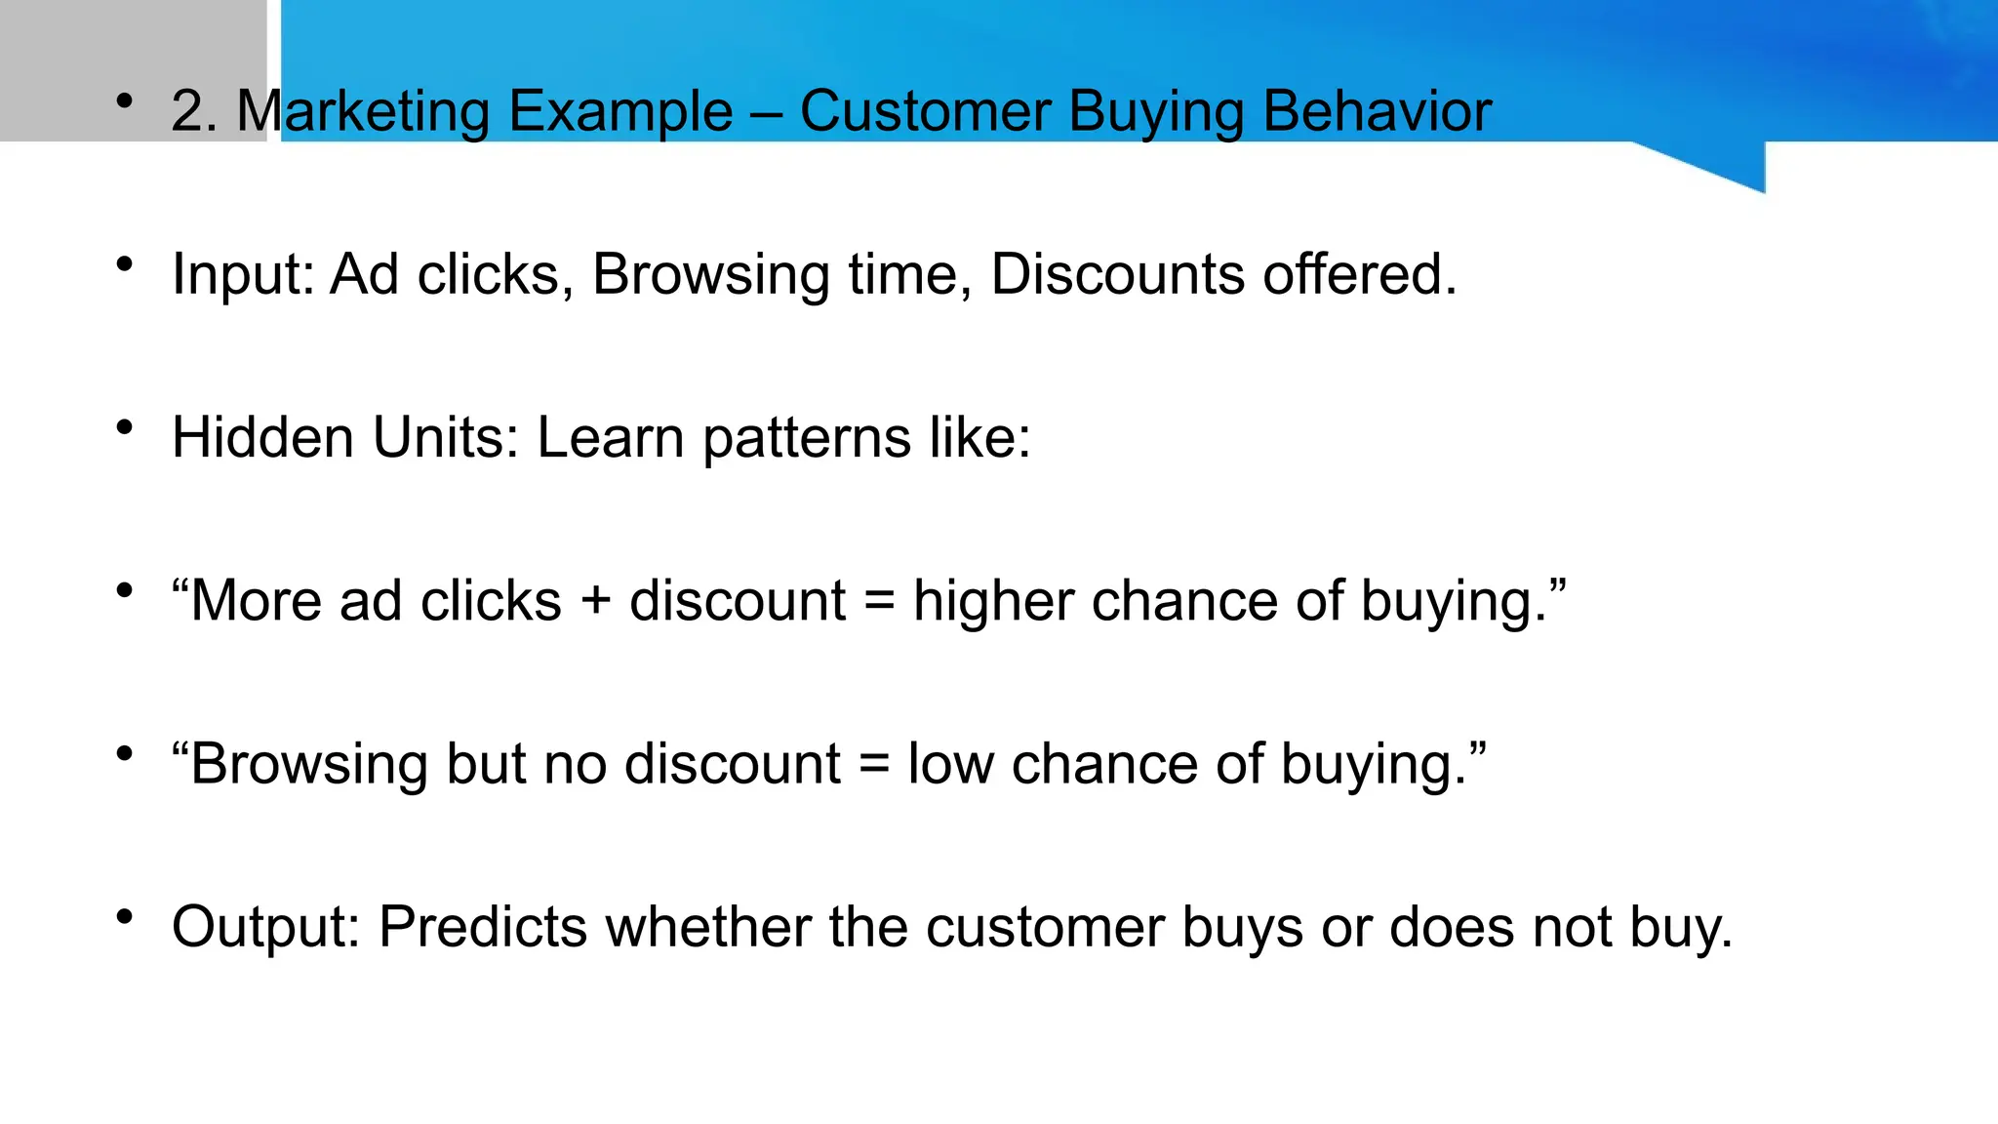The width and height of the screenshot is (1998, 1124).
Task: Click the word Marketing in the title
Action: (362, 111)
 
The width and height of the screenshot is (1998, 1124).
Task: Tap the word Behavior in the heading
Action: (1377, 111)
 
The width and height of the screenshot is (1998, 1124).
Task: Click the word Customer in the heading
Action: (924, 111)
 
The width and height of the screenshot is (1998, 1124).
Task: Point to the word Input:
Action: (243, 274)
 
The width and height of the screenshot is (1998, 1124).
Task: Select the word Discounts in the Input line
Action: (1118, 274)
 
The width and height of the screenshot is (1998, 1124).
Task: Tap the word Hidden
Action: (262, 437)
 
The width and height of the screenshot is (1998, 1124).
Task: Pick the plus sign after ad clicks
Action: (595, 601)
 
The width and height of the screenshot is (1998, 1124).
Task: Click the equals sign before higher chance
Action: (879, 601)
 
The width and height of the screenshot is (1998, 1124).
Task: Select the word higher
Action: (993, 601)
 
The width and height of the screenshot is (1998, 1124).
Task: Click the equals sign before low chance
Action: (874, 764)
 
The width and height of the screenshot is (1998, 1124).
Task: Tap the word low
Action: (950, 764)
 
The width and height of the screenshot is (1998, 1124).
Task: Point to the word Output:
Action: (266, 927)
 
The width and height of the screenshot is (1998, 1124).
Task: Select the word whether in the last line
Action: (708, 927)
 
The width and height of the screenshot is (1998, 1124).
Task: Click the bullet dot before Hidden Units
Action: (124, 427)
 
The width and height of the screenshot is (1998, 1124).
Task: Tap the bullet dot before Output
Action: (124, 917)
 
